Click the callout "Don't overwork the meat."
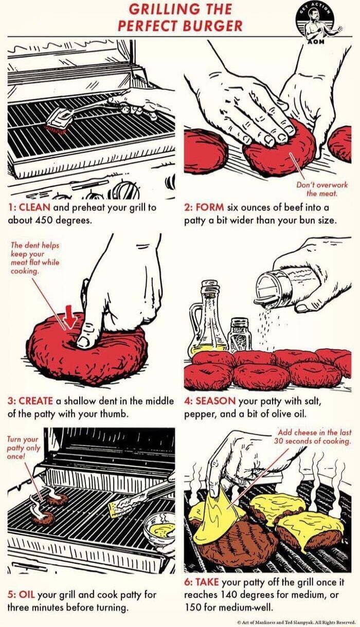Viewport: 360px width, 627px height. coord(322,189)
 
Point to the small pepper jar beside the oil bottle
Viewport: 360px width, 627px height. coord(239,334)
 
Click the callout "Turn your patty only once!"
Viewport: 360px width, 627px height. coord(23,447)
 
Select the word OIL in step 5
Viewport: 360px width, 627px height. coord(27,595)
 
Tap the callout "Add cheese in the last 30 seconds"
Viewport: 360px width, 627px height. coord(312,437)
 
